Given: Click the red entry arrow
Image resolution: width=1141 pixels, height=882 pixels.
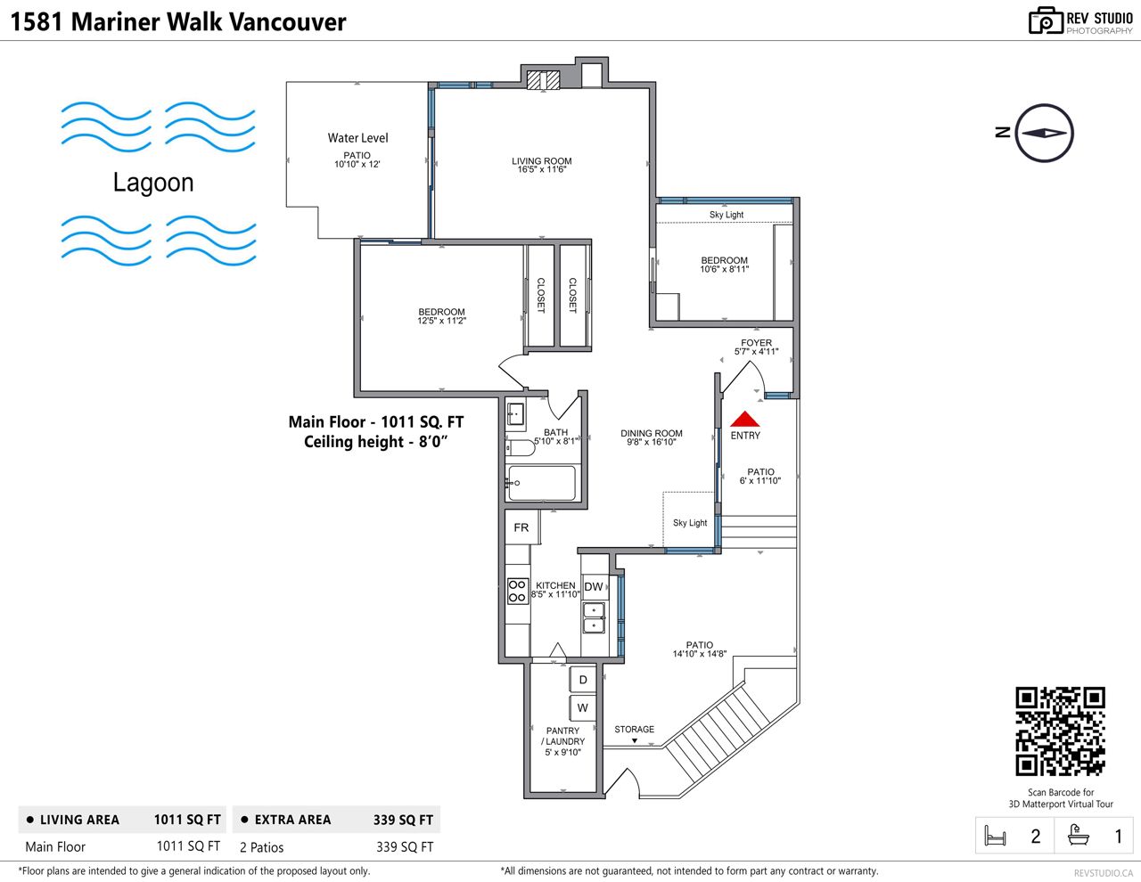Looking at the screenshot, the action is pos(744,419).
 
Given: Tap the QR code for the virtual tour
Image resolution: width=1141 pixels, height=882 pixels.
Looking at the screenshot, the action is pos(1060,731).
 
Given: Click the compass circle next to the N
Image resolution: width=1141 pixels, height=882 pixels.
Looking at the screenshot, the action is pos(1044,133).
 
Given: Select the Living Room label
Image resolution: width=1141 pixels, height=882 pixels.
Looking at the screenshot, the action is pos(541,161).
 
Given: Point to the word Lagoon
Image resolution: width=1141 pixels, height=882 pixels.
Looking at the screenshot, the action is pos(153,183).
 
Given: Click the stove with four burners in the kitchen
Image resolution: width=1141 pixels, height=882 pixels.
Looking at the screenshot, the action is pos(517,591).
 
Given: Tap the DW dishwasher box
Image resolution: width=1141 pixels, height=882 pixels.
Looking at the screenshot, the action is pos(594,587).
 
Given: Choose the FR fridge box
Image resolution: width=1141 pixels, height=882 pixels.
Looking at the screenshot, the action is pos(521,527).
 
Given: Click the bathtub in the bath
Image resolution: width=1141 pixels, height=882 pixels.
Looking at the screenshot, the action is pos(542,483).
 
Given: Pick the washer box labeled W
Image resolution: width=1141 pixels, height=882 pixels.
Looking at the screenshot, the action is pos(582,707).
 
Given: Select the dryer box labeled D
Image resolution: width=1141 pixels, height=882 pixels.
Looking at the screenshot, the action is pos(582,680).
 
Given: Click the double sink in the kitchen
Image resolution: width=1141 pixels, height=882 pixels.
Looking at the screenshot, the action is pos(594,617).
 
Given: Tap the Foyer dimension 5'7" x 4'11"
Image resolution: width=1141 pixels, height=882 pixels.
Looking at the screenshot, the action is pos(756,352).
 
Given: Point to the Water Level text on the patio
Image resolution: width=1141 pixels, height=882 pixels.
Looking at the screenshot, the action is pos(357,138).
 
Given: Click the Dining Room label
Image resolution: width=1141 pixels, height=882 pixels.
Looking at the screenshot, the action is pos(651,433).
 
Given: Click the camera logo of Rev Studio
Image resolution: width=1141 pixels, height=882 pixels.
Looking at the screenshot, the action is pos(1046,21).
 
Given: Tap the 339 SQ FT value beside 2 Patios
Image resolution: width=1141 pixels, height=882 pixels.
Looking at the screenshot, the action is pos(405,847).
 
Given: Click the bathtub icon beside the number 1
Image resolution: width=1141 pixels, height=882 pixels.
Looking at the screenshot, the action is pos(1079,836).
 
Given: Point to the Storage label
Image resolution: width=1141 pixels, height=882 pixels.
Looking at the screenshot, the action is pos(635,730).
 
